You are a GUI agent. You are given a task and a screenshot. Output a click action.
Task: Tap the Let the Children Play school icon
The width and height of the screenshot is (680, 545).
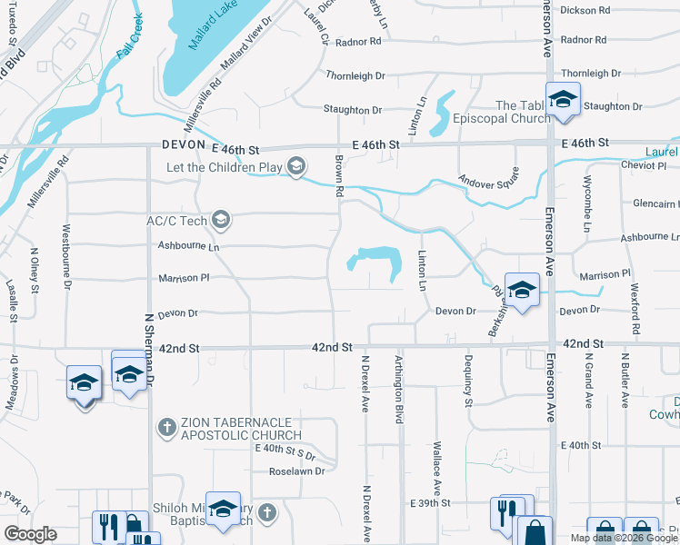click(x=295, y=166)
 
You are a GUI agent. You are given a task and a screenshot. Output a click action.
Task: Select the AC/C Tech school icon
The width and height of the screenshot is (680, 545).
click(x=221, y=219)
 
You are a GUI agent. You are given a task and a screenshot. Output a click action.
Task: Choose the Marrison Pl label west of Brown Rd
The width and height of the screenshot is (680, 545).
click(x=185, y=279)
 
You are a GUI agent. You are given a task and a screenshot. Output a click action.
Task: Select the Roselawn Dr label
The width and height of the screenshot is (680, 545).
click(x=297, y=471)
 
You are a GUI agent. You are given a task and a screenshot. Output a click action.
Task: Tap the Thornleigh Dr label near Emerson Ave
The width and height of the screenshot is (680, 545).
click(x=590, y=74)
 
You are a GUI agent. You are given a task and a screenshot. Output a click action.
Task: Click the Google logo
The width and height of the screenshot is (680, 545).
click(x=30, y=534)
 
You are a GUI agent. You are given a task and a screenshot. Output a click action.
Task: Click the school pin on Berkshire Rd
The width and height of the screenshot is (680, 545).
click(x=522, y=291)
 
